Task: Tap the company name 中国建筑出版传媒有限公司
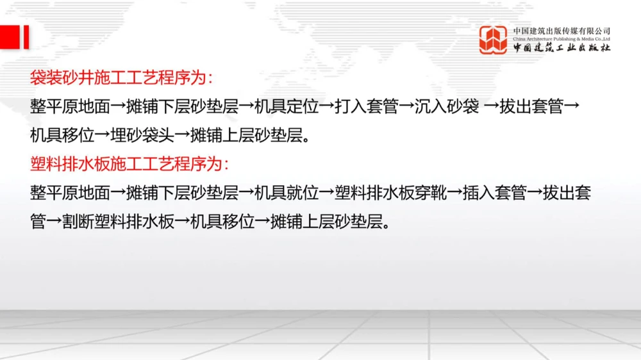(x=562, y=31)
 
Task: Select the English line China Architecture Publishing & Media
(x=562, y=39)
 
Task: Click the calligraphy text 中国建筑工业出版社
(x=562, y=48)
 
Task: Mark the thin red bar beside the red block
(x=27, y=37)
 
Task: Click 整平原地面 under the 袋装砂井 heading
(x=70, y=107)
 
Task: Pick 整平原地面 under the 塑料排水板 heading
(x=70, y=192)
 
